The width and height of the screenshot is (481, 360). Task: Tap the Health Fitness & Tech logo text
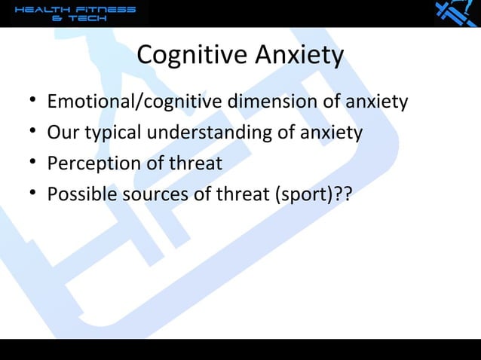point(75,14)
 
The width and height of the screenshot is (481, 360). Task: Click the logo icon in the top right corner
point(455,14)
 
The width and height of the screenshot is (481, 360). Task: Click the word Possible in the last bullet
point(78,195)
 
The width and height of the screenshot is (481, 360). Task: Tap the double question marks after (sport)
point(345,195)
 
